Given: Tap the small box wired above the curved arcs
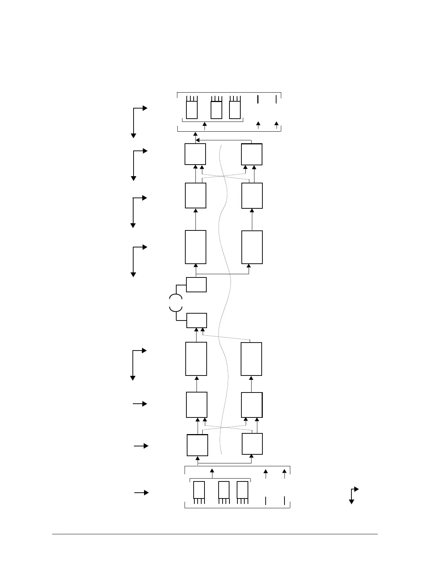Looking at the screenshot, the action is (196, 285).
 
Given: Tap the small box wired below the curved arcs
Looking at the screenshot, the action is (197, 321).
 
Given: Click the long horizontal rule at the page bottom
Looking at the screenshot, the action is (215, 534).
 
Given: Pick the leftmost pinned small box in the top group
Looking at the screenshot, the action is (192, 110).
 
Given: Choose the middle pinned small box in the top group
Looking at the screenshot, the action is (216, 110).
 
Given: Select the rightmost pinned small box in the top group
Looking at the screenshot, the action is (235, 110).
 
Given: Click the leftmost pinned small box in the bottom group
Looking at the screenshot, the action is (199, 490).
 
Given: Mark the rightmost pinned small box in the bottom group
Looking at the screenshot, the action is (242, 490).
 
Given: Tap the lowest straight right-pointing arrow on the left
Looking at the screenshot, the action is (141, 493).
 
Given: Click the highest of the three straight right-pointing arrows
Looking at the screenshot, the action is (140, 404).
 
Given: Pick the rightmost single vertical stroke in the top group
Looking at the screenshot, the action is (276, 99).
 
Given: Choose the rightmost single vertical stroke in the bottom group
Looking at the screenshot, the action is (284, 501).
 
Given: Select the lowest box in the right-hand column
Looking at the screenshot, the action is (252, 444).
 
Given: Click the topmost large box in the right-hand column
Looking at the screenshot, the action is (252, 154).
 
